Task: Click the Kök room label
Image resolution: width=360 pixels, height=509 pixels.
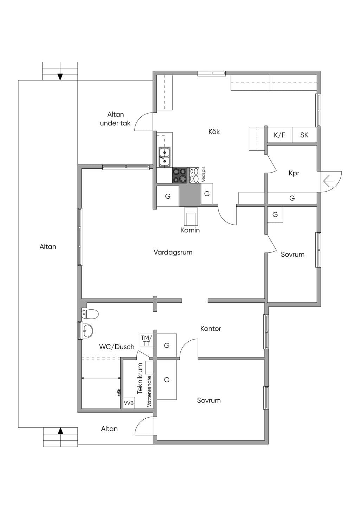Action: coord(214,131)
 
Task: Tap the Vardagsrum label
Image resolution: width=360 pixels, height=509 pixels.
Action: coord(173,252)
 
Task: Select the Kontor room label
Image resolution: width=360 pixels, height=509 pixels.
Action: coord(211,328)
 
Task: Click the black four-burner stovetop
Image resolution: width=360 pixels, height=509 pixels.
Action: coord(180,175)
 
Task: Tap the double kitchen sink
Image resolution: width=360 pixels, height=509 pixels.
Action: coord(165,157)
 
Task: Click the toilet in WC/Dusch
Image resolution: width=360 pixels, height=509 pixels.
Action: coord(90,314)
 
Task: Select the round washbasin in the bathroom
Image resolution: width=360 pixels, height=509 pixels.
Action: coord(88,330)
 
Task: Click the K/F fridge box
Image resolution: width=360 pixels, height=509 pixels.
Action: coord(279,135)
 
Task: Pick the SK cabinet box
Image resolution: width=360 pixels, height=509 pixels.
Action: coord(304,135)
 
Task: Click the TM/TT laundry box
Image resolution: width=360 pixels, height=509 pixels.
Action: coord(146,341)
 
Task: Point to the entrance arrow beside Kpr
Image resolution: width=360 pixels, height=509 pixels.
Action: coord(328,181)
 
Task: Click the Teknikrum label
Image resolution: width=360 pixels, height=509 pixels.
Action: coord(140,379)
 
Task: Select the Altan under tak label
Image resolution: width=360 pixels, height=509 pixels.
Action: coord(115,119)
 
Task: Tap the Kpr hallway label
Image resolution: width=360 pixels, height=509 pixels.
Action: coord(294,173)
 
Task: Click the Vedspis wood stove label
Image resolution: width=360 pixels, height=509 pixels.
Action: coord(204,175)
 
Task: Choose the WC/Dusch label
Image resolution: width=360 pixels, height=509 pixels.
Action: coord(117,347)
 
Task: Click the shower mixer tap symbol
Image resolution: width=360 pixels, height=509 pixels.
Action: coord(118,393)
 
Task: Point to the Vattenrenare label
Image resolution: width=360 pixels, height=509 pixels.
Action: coord(149,391)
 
